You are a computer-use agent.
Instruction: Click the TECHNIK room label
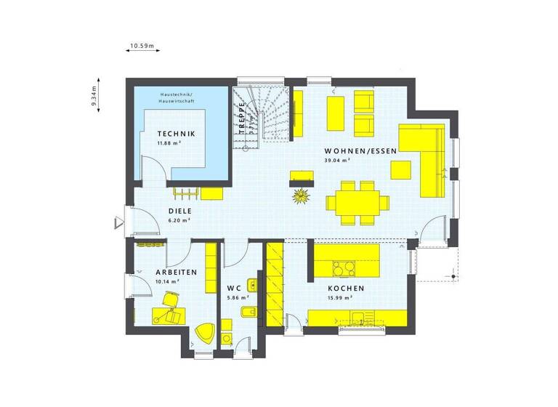[176, 134]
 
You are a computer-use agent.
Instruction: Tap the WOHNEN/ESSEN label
[361, 151]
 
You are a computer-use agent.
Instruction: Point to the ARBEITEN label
[176, 272]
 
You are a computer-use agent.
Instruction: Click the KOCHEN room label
[345, 289]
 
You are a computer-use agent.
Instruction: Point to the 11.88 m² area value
[169, 143]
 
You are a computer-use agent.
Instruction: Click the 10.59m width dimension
[142, 47]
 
